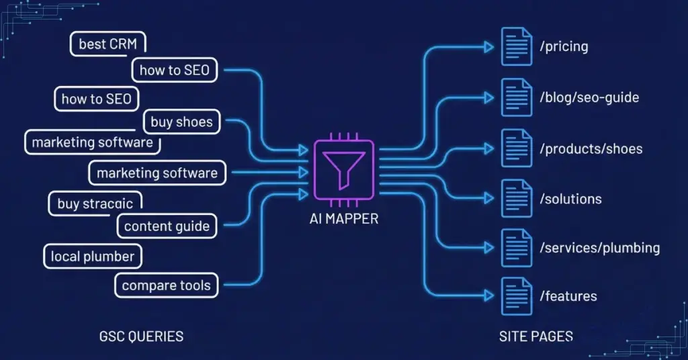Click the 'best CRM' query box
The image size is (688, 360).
tap(107, 44)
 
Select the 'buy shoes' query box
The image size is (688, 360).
tap(181, 122)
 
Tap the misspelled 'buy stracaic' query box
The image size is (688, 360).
tap(95, 204)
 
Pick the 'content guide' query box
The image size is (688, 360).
tap(167, 226)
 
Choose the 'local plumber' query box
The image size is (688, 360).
tap(93, 256)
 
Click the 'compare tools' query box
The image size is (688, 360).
tap(166, 285)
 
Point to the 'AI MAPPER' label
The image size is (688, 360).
tap(343, 219)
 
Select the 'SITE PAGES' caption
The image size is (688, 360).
tap(536, 336)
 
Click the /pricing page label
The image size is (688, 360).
tap(564, 47)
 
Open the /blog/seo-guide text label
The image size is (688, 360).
tap(589, 98)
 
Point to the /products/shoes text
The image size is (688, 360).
tap(591, 148)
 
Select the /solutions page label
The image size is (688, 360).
tap(570, 199)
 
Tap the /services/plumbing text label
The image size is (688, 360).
tap(599, 248)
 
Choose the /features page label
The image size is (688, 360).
tap(568, 296)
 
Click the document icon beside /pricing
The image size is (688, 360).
tap(516, 46)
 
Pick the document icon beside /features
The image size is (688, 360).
tap(516, 296)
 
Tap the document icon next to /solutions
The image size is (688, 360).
tap(516, 197)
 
